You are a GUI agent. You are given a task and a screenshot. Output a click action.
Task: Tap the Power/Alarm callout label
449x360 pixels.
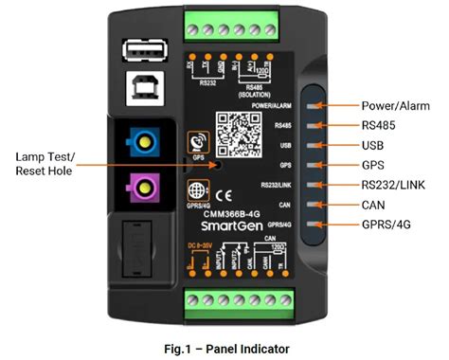pyautogui.click(x=397, y=104)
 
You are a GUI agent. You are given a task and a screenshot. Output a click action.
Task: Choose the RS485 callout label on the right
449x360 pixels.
pyautogui.click(x=379, y=124)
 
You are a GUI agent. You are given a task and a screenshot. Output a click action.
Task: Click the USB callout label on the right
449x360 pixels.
pyautogui.click(x=372, y=144)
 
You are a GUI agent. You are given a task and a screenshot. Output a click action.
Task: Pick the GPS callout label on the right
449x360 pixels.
pyautogui.click(x=372, y=164)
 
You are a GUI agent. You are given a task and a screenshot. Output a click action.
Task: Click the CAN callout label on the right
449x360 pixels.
pyautogui.click(x=373, y=204)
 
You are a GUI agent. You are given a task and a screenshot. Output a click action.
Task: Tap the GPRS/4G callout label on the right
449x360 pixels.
pyautogui.click(x=386, y=224)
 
